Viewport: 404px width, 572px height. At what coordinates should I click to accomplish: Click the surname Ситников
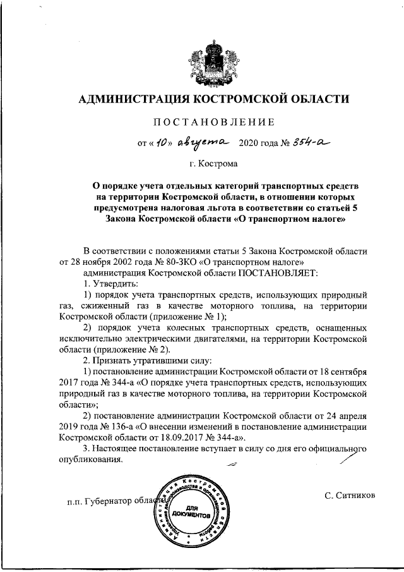[350, 494]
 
